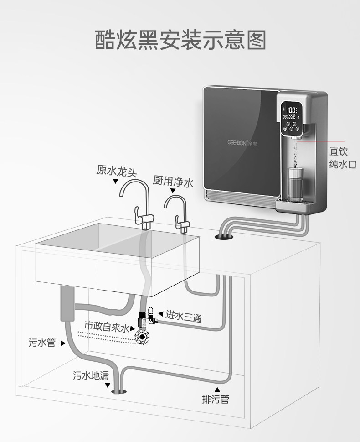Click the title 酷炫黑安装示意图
[180, 41]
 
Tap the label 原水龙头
[116, 170]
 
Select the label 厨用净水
[173, 182]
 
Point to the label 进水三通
[183, 315]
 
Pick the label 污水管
[42, 342]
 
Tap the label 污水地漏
[91, 375]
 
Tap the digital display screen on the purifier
[292, 113]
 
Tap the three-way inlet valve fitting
[146, 318]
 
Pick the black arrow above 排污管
[217, 389]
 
